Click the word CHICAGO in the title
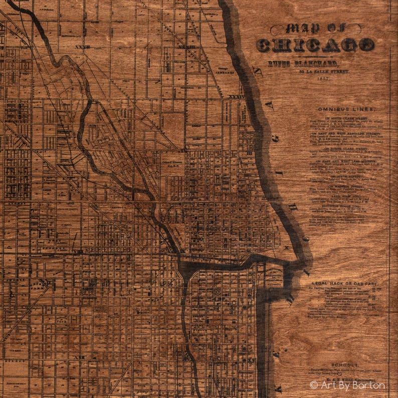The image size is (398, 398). coord(315,45)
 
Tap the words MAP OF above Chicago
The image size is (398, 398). coord(315,29)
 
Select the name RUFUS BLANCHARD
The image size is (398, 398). coord(302,63)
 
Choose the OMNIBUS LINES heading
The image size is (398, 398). coord(345,109)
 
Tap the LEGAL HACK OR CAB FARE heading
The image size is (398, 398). coord(345,283)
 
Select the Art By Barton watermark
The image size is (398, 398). coord(347,385)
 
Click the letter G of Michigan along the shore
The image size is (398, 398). coord(275,139)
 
